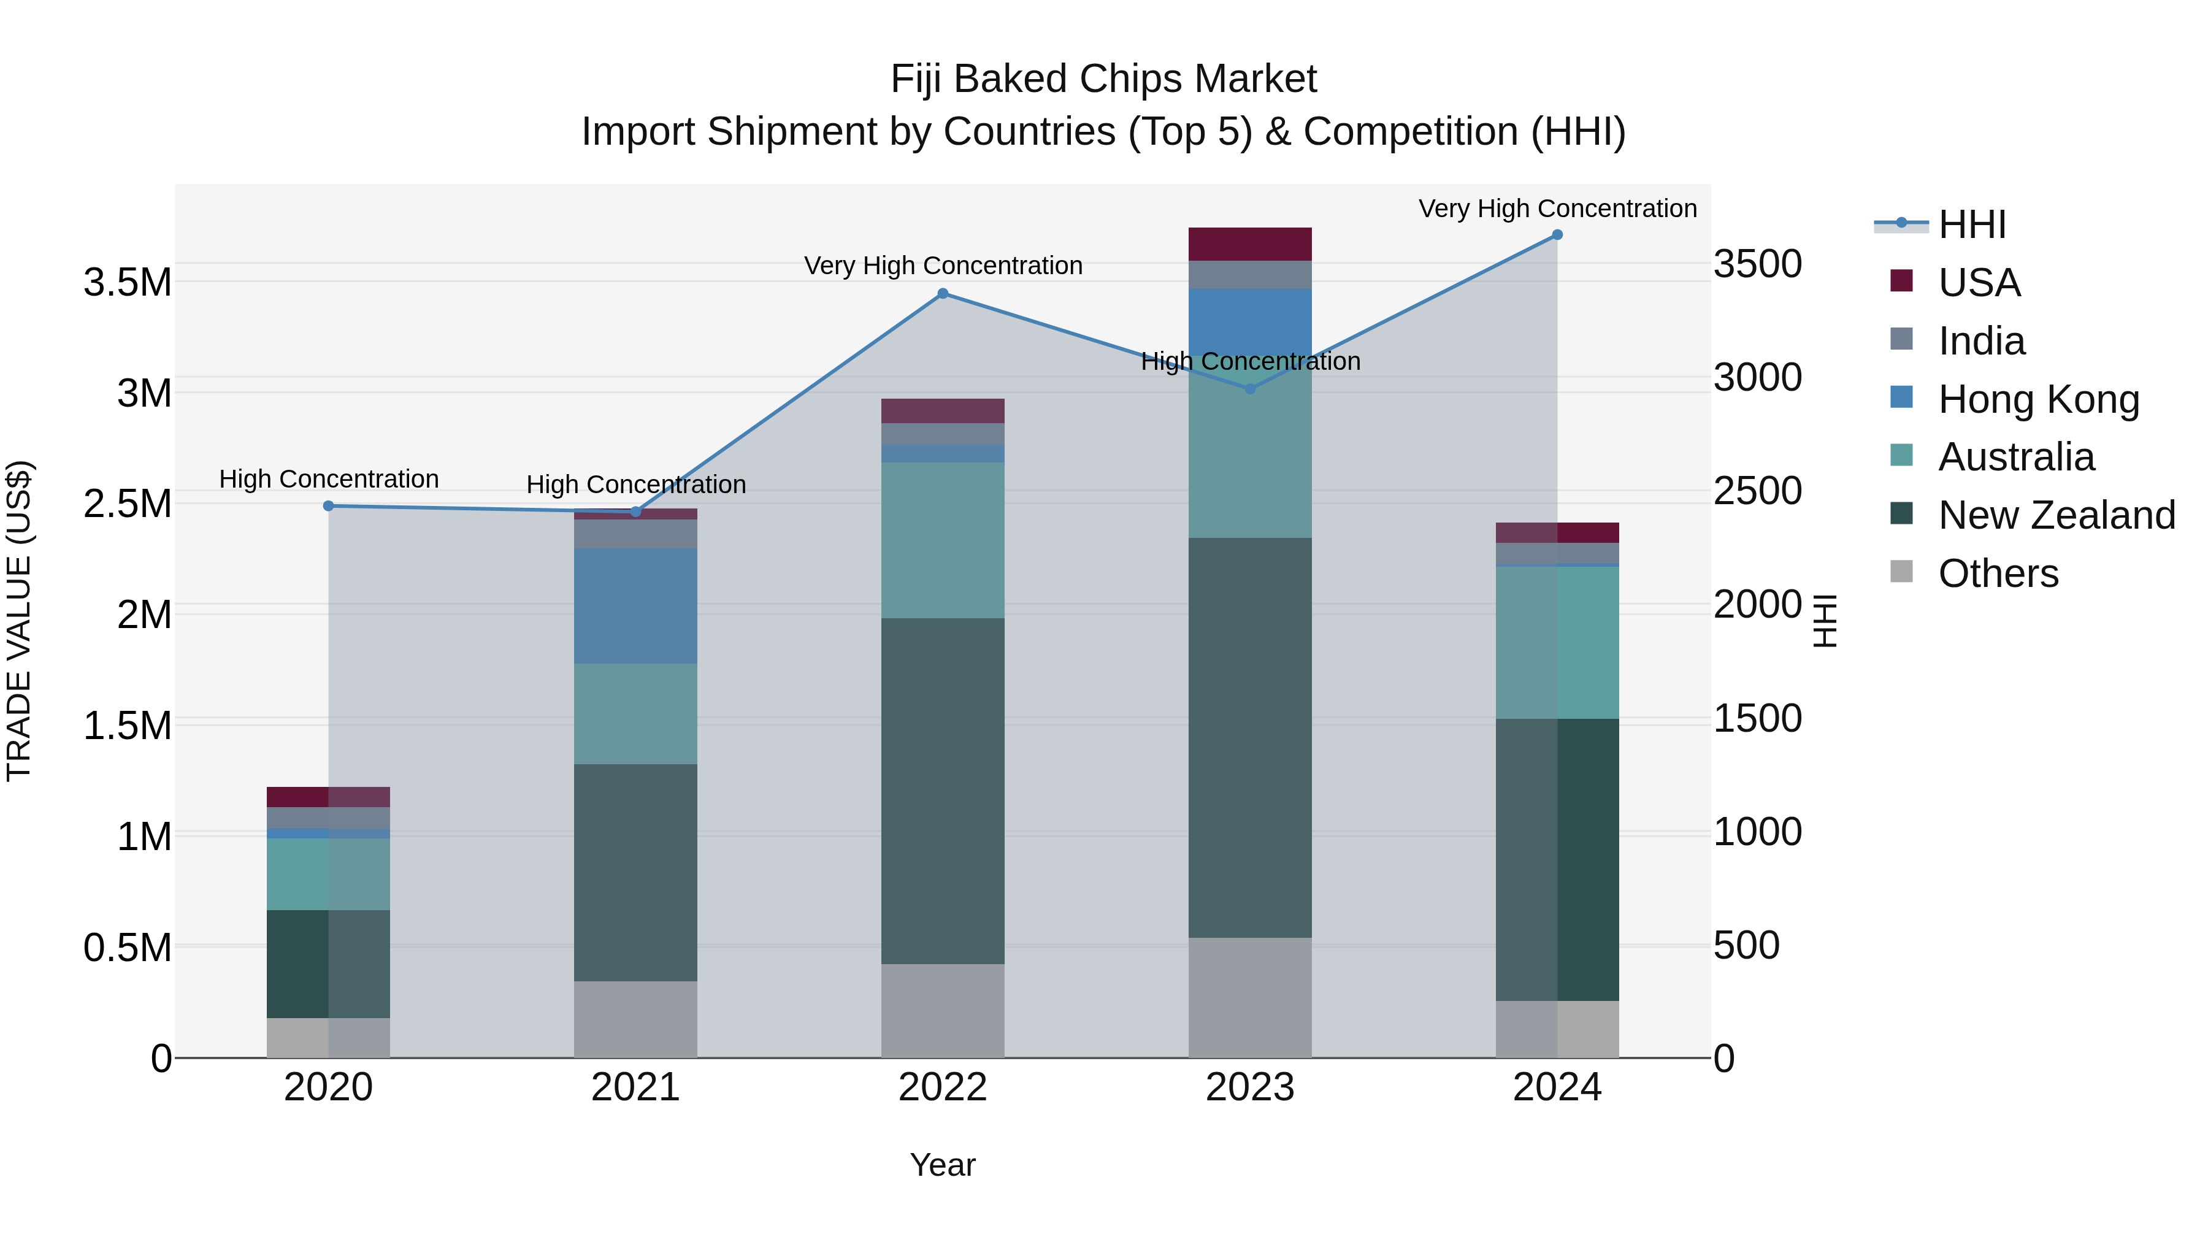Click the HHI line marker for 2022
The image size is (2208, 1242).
point(942,293)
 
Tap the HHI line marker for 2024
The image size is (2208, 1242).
point(1557,235)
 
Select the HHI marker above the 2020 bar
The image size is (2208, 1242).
point(328,506)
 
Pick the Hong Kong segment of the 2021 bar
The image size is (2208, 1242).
point(635,605)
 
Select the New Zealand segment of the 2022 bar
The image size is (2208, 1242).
point(942,791)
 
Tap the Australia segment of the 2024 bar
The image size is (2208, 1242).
point(1557,642)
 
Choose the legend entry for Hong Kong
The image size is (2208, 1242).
point(2038,399)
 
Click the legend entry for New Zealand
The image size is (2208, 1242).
point(2055,515)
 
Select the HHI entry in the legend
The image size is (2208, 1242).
point(1971,224)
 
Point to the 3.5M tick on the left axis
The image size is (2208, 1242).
point(128,282)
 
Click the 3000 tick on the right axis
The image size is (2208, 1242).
point(1757,377)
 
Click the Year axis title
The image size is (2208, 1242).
point(942,1165)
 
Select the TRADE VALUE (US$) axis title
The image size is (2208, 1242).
point(19,621)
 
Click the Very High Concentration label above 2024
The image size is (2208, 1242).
point(1557,209)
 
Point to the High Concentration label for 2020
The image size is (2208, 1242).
point(328,479)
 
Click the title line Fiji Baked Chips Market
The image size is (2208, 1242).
point(1103,79)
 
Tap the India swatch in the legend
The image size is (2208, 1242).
point(1901,339)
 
